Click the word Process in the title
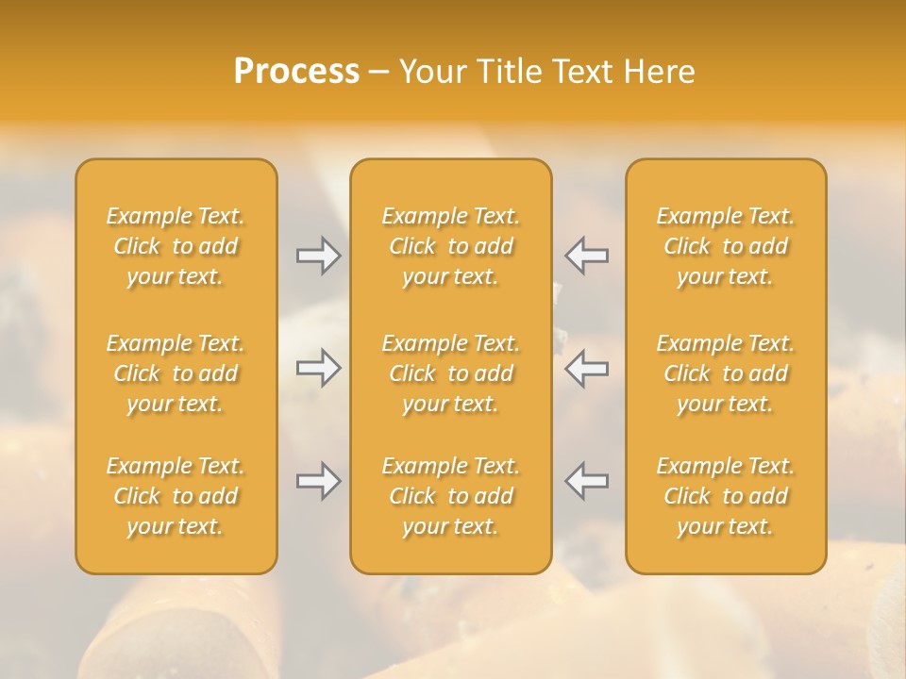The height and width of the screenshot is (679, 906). pyautogui.click(x=296, y=72)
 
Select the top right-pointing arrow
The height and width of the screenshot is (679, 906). pyautogui.click(x=318, y=256)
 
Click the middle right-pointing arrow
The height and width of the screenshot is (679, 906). pyautogui.click(x=318, y=368)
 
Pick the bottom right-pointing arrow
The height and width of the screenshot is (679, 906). pyautogui.click(x=318, y=481)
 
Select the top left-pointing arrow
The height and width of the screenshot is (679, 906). pyautogui.click(x=587, y=256)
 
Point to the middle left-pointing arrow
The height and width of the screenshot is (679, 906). pyautogui.click(x=587, y=368)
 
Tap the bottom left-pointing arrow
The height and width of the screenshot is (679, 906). pyautogui.click(x=587, y=481)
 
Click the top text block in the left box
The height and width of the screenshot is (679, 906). pyautogui.click(x=176, y=246)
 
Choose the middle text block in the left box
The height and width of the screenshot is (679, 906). pyautogui.click(x=176, y=373)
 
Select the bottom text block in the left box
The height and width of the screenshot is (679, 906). pyautogui.click(x=176, y=496)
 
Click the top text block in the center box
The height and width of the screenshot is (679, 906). pyautogui.click(x=451, y=246)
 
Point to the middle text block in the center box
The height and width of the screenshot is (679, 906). pyautogui.click(x=451, y=373)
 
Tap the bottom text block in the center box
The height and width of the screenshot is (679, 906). pyautogui.click(x=451, y=496)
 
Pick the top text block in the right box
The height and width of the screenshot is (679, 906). pyautogui.click(x=726, y=246)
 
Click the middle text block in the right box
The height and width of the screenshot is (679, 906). pyautogui.click(x=726, y=373)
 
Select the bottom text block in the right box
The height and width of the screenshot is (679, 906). pyautogui.click(x=726, y=496)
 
